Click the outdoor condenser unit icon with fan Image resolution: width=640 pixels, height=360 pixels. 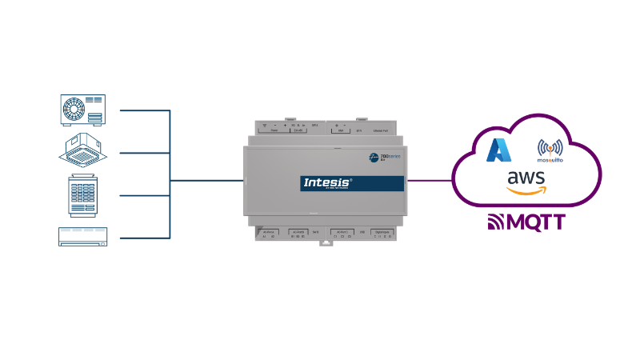(x=83, y=110)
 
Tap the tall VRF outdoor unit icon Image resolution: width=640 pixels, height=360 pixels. (x=83, y=195)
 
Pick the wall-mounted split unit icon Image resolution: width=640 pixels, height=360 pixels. (x=83, y=236)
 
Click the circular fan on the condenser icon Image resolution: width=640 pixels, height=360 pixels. (x=74, y=109)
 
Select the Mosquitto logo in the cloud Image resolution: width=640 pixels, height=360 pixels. (x=549, y=150)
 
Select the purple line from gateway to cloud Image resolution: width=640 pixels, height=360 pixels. (x=429, y=180)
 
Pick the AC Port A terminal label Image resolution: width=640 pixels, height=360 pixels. (x=270, y=230)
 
